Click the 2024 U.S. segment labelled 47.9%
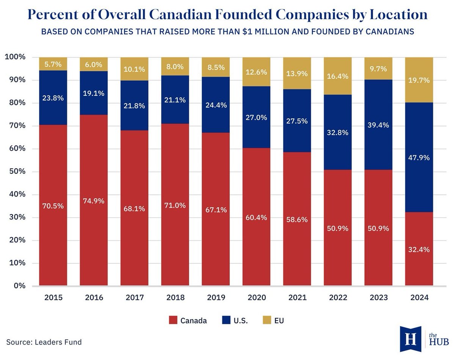(419, 157)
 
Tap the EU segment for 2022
(337, 76)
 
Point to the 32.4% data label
(419, 250)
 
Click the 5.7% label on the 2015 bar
(53, 64)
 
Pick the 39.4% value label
(378, 125)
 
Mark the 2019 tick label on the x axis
(216, 297)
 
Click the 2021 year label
(297, 297)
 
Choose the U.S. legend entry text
(241, 321)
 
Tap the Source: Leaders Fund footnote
(44, 342)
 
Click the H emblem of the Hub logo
(410, 338)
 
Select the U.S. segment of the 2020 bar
(256, 117)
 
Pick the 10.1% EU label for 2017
(135, 69)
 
